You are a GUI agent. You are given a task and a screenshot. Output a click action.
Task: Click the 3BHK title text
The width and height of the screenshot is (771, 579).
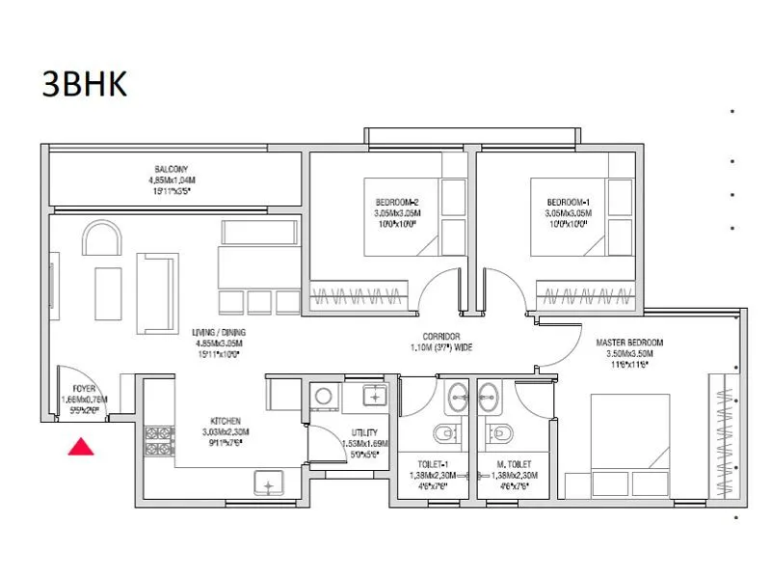click(x=85, y=84)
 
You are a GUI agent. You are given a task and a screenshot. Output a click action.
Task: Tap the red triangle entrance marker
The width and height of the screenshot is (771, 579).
click(x=82, y=446)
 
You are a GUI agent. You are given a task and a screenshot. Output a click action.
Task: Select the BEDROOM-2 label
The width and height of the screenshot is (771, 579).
click(x=388, y=201)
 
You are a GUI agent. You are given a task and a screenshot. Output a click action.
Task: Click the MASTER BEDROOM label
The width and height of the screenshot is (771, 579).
click(x=629, y=343)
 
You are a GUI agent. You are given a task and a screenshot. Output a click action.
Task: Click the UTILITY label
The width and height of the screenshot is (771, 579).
click(x=364, y=432)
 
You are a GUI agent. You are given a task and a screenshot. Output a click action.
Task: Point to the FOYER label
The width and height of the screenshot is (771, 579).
click(x=84, y=387)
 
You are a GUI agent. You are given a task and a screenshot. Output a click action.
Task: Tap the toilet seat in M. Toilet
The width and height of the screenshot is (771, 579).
click(x=500, y=431)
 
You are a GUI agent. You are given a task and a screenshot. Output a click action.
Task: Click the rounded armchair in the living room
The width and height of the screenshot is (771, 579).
click(x=100, y=237)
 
